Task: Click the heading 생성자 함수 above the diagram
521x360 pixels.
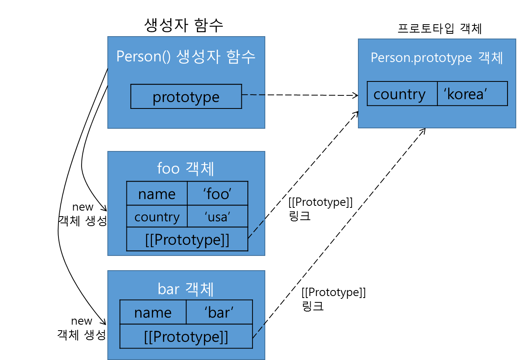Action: tap(183, 25)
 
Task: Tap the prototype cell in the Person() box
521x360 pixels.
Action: tap(186, 97)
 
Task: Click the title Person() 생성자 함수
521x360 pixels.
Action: tap(186, 56)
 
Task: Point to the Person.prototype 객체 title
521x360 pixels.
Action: tap(437, 58)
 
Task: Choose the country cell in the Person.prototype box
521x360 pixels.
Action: tap(402, 94)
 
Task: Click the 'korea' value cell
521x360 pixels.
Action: tap(472, 94)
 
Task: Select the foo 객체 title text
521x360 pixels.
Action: tap(186, 168)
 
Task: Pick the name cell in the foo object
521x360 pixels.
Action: tap(157, 194)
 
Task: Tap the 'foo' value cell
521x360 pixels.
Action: tap(218, 194)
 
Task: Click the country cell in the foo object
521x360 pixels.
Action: tap(157, 216)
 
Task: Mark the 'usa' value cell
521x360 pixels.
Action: tap(218, 216)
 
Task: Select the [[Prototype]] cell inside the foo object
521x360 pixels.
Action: tap(187, 239)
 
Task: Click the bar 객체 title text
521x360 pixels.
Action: tap(186, 289)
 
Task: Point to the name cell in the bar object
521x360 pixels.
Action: tap(153, 312)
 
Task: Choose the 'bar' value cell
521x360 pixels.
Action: tap(219, 312)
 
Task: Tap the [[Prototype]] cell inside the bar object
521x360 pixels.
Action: tap(186, 336)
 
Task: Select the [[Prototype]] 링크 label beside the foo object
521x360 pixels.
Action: tap(321, 209)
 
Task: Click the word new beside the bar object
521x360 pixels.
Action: tap(82, 321)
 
